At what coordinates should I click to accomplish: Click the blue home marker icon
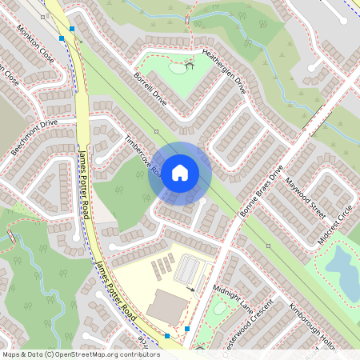click(180, 172)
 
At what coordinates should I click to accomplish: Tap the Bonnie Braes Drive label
click(262, 192)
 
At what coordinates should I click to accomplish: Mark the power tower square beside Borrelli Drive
click(157, 130)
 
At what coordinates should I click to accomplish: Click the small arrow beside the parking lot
click(190, 288)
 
